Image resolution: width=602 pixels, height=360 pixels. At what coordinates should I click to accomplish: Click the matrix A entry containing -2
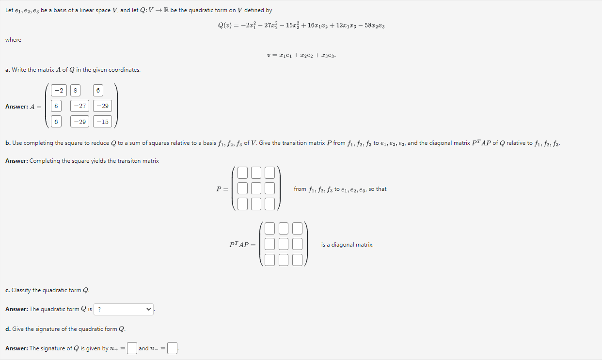[58, 91]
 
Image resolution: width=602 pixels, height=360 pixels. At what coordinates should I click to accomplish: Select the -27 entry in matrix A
[80, 106]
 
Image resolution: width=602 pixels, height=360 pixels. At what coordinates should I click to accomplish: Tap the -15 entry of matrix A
[102, 122]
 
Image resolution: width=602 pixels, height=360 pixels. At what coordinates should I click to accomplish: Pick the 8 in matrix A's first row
[75, 91]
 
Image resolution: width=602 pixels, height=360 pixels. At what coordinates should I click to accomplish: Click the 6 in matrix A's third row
[56, 122]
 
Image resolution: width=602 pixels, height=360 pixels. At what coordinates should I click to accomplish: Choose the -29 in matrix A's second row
[102, 106]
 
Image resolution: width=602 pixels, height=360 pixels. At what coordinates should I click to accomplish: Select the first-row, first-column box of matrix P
[243, 172]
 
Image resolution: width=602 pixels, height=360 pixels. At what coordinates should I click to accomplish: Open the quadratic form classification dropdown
[124, 309]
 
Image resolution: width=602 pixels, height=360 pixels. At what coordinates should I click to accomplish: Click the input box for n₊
[132, 348]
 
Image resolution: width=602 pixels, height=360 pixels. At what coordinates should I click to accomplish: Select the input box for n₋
[173, 348]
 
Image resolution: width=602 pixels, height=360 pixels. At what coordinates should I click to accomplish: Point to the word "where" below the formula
[13, 40]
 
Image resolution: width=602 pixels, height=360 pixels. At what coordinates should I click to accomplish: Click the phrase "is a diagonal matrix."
[347, 245]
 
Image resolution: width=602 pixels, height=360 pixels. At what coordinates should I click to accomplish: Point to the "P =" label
[222, 189]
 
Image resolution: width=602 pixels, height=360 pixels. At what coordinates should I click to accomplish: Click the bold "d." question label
[8, 329]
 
